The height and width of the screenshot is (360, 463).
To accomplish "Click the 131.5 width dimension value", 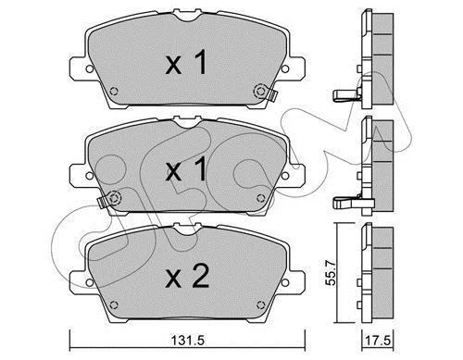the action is pyautogui.click(x=188, y=341).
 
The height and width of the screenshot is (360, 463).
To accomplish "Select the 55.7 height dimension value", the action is pyautogui.click(x=331, y=273).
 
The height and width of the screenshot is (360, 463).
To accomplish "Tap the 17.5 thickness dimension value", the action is pyautogui.click(x=378, y=341).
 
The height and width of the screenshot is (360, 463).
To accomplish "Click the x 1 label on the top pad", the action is pyautogui.click(x=186, y=63).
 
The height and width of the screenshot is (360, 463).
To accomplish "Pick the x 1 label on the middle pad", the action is pyautogui.click(x=186, y=168).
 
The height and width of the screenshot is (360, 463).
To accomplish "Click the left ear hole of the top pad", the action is pyautogui.click(x=89, y=68).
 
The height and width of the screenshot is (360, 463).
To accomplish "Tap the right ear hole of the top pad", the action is pyautogui.click(x=285, y=68).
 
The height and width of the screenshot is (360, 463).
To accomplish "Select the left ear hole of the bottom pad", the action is pyautogui.click(x=89, y=282).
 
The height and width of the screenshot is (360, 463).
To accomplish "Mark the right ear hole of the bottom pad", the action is pyautogui.click(x=285, y=282).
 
